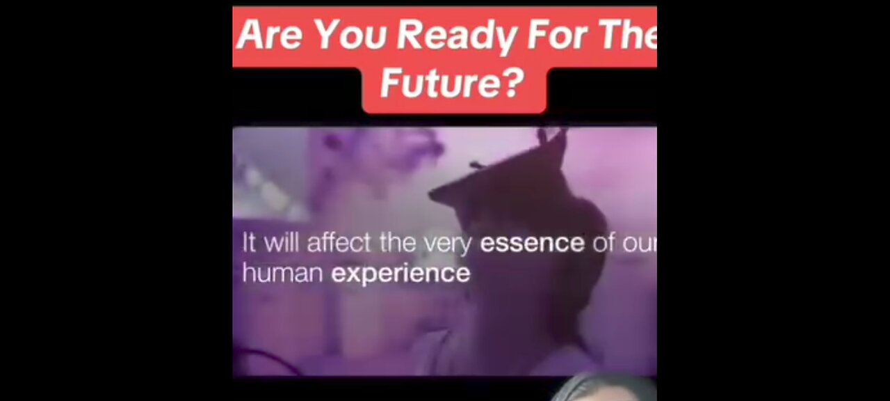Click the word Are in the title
(x=265, y=36)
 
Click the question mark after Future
(x=513, y=84)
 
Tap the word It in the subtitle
(x=249, y=243)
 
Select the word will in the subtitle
(x=280, y=243)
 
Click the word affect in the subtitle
(x=341, y=243)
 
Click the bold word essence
(x=532, y=244)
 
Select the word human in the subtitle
(x=282, y=272)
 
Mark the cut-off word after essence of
(x=640, y=244)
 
